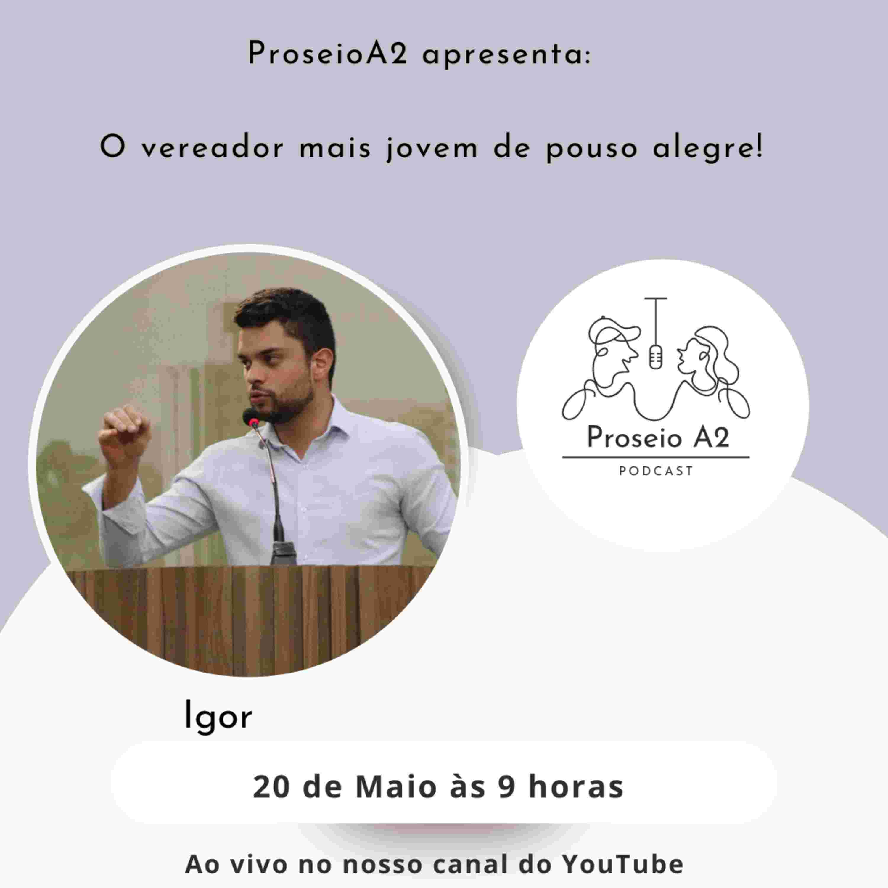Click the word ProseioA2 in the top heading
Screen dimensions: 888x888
click(328, 54)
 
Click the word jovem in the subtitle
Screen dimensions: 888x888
click(432, 149)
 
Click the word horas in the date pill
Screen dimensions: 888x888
click(576, 786)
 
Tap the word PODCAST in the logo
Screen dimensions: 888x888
click(656, 471)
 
